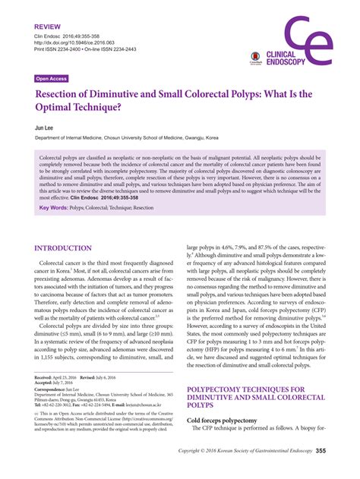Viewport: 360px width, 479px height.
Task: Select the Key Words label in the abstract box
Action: pyautogui.click(x=54, y=207)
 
